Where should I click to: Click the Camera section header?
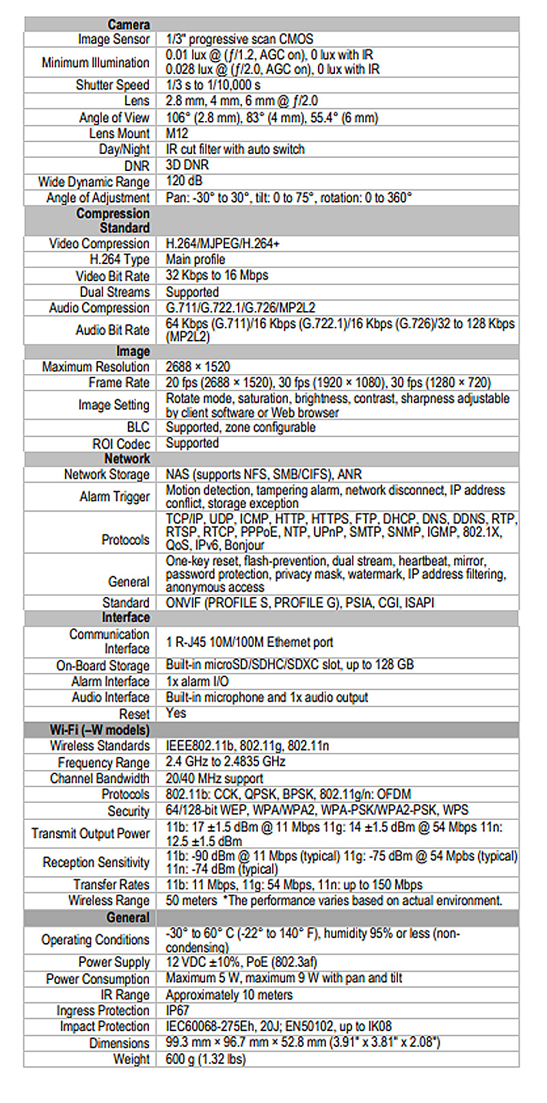pyautogui.click(x=129, y=25)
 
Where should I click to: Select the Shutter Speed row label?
pyautogui.click(x=112, y=85)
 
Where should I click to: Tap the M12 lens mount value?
pyautogui.click(x=177, y=133)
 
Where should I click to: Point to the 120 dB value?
pyautogui.click(x=184, y=181)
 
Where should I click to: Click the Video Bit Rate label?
pyautogui.click(x=112, y=276)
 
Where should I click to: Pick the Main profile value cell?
pyautogui.click(x=196, y=260)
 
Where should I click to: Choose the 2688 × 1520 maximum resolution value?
pyautogui.click(x=198, y=367)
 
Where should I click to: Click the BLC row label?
pyautogui.click(x=137, y=427)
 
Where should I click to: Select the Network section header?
pyautogui.click(x=127, y=459)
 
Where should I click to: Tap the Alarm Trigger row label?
pyautogui.click(x=114, y=497)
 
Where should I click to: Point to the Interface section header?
pyautogui.click(x=126, y=618)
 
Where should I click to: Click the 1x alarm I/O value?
pyautogui.click(x=197, y=682)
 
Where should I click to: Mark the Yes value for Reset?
pyautogui.click(x=176, y=713)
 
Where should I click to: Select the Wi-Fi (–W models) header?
pyautogui.click(x=99, y=730)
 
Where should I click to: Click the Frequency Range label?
pyautogui.click(x=103, y=762)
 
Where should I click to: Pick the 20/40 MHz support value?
pyautogui.click(x=214, y=779)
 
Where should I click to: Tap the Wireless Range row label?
pyautogui.click(x=109, y=901)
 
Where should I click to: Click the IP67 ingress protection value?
pyautogui.click(x=178, y=1011)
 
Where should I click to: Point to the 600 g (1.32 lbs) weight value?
pyautogui.click(x=205, y=1059)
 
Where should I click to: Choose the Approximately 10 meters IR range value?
pyautogui.click(x=229, y=995)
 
